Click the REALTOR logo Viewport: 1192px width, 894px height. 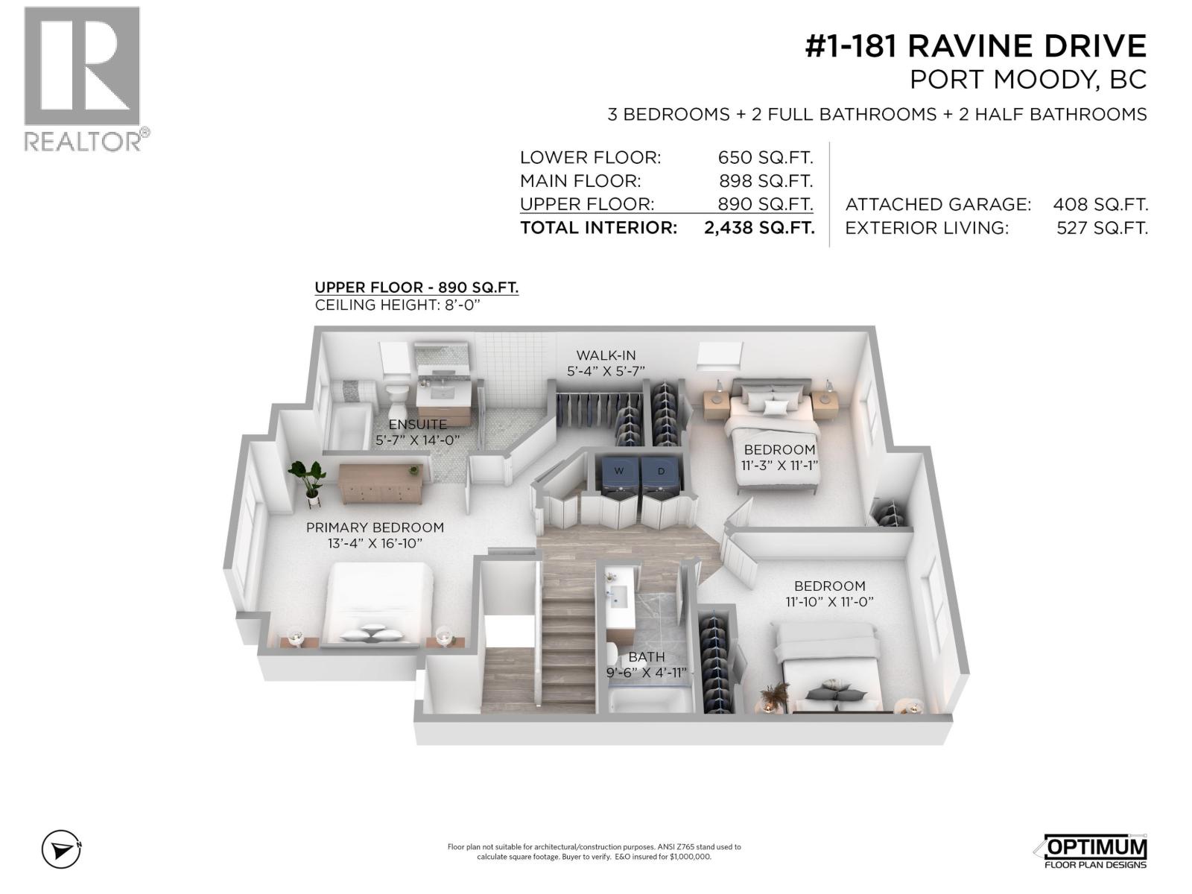(x=83, y=78)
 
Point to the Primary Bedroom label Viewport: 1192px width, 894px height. (x=375, y=527)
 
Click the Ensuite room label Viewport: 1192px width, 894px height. (x=417, y=425)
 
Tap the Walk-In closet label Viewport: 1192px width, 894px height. (x=606, y=355)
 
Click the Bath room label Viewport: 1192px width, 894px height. (x=646, y=657)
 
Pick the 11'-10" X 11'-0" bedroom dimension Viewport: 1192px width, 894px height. (x=829, y=601)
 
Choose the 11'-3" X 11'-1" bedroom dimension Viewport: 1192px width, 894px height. (x=779, y=465)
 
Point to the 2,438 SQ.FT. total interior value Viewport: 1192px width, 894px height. (x=758, y=228)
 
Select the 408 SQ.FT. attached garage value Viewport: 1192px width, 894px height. (x=1100, y=204)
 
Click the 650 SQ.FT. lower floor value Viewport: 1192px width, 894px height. (x=765, y=158)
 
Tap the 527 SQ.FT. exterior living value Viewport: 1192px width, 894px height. (x=1102, y=228)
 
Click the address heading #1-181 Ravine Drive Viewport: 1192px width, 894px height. (x=975, y=46)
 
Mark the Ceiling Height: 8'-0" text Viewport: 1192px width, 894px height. (x=406, y=305)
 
